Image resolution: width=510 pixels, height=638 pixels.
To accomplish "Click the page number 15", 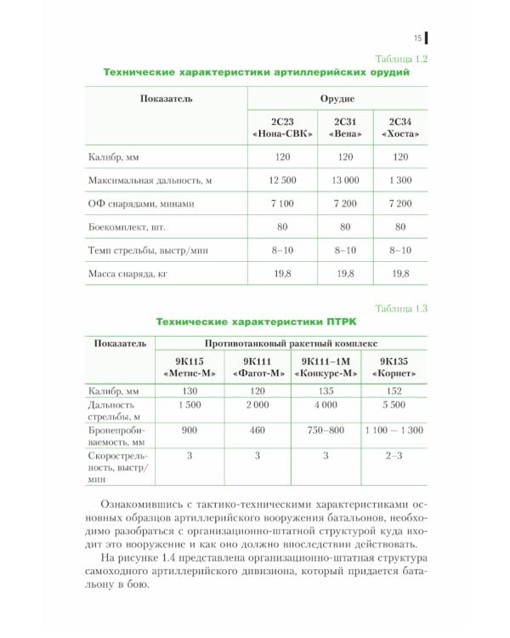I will click(x=417, y=37).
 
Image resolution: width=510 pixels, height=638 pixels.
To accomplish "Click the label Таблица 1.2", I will click(x=400, y=59).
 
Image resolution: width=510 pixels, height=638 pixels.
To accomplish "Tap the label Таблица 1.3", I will click(x=400, y=308).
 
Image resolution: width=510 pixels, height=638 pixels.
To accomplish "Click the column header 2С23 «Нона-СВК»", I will click(x=280, y=128).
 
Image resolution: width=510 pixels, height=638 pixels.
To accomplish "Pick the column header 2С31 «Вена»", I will click(x=345, y=128).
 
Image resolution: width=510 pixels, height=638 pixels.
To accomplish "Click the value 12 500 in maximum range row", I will click(x=280, y=180).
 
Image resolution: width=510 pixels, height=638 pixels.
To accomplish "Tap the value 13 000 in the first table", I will click(x=345, y=180).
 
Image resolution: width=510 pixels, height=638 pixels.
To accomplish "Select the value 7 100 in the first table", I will click(x=280, y=204).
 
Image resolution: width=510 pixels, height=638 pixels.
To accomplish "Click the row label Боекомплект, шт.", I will click(x=127, y=228).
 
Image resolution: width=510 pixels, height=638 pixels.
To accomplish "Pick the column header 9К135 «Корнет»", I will click(x=394, y=367).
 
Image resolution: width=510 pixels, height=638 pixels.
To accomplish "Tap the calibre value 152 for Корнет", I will click(x=394, y=390).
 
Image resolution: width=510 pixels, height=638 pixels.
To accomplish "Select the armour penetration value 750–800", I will click(x=326, y=430).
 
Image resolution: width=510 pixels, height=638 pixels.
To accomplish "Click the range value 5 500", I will click(x=394, y=405).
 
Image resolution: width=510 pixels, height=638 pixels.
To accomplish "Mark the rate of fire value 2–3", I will click(x=394, y=456).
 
